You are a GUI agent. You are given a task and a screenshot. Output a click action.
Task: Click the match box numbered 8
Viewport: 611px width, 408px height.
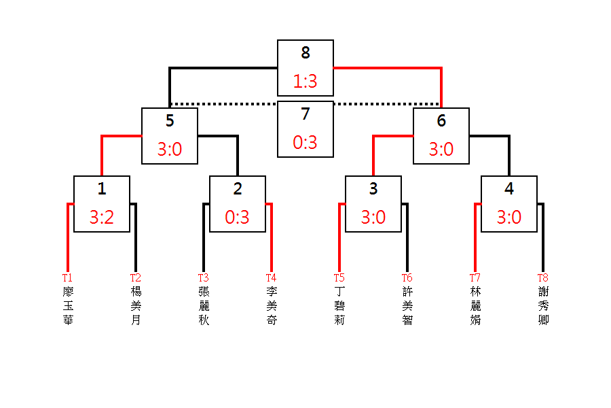pyautogui.click(x=305, y=67)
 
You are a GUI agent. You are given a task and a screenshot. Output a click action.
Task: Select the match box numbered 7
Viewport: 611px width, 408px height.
pyautogui.click(x=305, y=129)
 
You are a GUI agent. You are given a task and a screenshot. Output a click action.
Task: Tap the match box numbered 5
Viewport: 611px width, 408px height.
pyautogui.click(x=170, y=135)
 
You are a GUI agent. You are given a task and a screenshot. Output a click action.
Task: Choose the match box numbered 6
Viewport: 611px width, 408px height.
pyautogui.click(x=441, y=135)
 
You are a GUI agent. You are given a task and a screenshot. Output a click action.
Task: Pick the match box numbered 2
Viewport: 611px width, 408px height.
pyautogui.click(x=238, y=203)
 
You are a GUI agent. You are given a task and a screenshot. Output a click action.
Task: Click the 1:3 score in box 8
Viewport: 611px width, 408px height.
pyautogui.click(x=305, y=82)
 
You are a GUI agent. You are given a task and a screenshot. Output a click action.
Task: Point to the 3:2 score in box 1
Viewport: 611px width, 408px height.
pyautogui.click(x=102, y=218)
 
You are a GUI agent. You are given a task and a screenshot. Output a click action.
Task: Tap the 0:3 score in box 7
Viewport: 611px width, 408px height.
pyautogui.click(x=305, y=143)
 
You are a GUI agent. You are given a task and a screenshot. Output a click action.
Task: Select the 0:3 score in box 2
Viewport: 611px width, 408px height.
pyautogui.click(x=238, y=218)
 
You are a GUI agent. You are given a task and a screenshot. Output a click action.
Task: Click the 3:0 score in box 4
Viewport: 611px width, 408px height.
pyautogui.click(x=509, y=218)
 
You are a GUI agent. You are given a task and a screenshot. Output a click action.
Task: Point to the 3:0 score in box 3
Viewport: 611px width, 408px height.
pyautogui.click(x=373, y=218)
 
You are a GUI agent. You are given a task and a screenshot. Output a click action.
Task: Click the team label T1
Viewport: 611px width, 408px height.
pyautogui.click(x=67, y=277)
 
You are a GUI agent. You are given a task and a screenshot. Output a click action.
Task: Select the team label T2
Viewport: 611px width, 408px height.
pyautogui.click(x=136, y=277)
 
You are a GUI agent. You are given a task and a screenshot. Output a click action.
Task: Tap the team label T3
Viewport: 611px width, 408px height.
pyautogui.click(x=203, y=277)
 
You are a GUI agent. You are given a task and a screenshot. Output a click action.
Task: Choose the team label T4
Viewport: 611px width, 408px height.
pyautogui.click(x=271, y=277)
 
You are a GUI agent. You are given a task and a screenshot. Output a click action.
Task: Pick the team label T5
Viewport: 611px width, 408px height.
pyautogui.click(x=339, y=277)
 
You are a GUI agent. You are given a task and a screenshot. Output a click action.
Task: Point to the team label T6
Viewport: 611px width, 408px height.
pyautogui.click(x=407, y=277)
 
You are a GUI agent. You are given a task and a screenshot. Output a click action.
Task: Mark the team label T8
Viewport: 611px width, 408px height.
pyautogui.click(x=542, y=277)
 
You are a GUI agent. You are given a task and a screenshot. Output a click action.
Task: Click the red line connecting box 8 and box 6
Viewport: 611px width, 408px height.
pyautogui.click(x=387, y=68)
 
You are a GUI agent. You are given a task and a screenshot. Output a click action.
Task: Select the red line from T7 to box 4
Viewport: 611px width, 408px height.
pyautogui.click(x=475, y=238)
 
